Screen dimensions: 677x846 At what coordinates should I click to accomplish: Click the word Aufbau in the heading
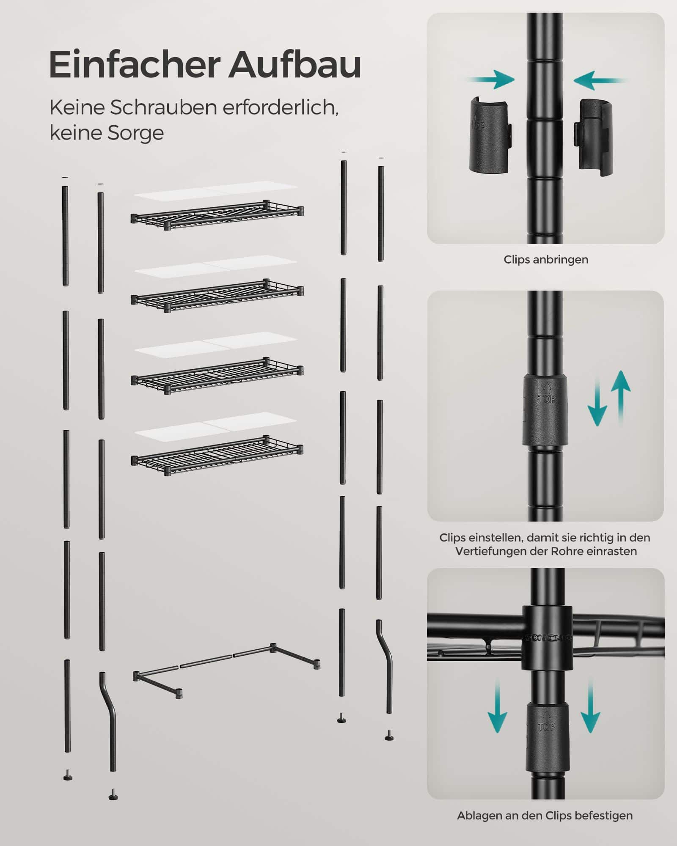pos(295,64)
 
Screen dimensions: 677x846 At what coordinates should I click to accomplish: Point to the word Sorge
pos(135,133)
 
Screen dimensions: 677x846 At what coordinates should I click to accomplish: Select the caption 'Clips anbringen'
pos(546,260)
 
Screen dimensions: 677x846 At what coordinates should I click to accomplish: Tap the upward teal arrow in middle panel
pos(621,398)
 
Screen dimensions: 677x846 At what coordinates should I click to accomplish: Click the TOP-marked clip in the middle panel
pos(545,409)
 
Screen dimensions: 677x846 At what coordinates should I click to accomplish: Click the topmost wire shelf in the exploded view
pos(217,215)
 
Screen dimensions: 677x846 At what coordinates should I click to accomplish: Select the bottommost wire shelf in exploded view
pos(217,455)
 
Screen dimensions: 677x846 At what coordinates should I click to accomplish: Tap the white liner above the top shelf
pos(216,191)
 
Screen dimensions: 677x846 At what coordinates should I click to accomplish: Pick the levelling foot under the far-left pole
pos(68,775)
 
